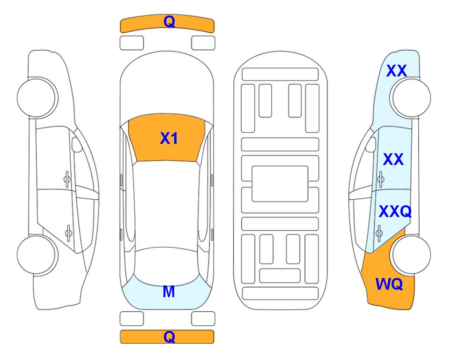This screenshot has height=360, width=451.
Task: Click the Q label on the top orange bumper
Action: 169,21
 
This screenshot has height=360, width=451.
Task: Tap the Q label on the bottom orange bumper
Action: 169,337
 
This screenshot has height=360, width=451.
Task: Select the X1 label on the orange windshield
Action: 169,138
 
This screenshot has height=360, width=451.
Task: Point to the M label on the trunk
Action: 169,292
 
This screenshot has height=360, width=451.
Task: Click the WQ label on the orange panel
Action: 389,284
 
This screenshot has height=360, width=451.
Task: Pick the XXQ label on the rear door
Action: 395,212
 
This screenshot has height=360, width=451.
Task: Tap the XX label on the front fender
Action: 397,71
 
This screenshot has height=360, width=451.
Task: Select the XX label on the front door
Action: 393,159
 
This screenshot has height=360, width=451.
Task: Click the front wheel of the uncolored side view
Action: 37,97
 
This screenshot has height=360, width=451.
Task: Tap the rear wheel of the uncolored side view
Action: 37,255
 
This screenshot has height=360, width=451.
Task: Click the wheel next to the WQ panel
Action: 411,255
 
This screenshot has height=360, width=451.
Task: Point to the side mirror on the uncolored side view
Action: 77,144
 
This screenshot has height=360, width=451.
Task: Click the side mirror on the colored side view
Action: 371,144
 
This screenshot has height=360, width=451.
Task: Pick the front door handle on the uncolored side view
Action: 67,179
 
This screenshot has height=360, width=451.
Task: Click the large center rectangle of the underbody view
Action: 280,184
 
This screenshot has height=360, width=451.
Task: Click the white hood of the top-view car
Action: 167,86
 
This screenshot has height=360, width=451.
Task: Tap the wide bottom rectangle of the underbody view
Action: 281,293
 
